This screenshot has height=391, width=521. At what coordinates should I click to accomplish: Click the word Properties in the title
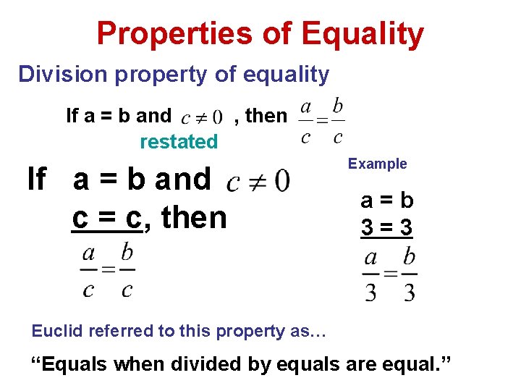click(x=176, y=34)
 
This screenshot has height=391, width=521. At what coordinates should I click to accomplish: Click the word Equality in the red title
click(x=362, y=34)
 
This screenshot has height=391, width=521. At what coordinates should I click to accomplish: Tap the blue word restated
click(x=178, y=141)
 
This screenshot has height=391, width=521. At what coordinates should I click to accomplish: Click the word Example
click(x=377, y=164)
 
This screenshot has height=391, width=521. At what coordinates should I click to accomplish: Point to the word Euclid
click(x=57, y=331)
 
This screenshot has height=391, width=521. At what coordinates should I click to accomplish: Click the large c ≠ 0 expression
click(x=258, y=180)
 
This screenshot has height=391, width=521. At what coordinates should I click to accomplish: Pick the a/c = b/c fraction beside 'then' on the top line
click(x=321, y=121)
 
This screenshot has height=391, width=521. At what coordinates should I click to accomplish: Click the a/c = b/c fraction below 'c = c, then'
click(x=107, y=271)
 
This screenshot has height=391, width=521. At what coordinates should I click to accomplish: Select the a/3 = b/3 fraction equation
click(x=389, y=274)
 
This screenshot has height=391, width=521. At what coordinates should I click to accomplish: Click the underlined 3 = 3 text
click(x=387, y=227)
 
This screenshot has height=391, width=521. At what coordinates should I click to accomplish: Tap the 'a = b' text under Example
click(x=387, y=200)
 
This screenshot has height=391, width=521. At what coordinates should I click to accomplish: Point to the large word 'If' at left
click(x=37, y=179)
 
